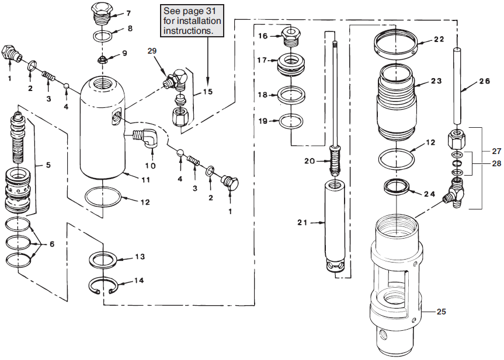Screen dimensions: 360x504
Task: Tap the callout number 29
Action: point(152,51)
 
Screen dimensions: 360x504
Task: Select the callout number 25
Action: point(442,312)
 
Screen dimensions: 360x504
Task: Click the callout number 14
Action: point(139,280)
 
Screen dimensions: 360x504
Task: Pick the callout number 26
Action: point(484,82)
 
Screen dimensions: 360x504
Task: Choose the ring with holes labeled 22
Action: point(395,44)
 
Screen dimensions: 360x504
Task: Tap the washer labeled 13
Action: point(104,258)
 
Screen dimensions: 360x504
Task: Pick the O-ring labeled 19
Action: point(290,121)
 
